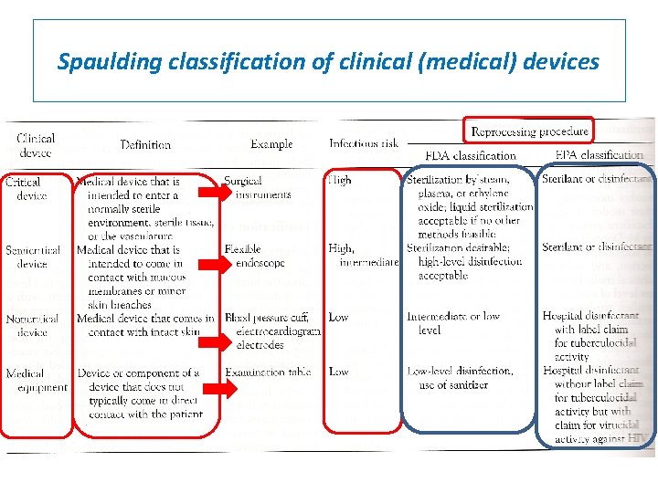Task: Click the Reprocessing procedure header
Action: click(x=528, y=131)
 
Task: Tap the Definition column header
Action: click(x=145, y=144)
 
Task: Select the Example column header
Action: click(x=271, y=144)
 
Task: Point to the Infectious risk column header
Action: click(x=364, y=144)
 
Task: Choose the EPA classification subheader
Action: click(x=600, y=155)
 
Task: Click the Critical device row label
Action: click(x=24, y=189)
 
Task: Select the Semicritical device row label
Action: click(x=32, y=257)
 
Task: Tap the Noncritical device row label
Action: click(x=32, y=325)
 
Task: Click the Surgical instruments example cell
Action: click(x=260, y=188)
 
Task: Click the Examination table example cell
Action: click(x=268, y=372)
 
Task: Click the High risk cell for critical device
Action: click(x=339, y=181)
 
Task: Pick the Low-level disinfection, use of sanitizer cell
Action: click(x=460, y=378)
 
